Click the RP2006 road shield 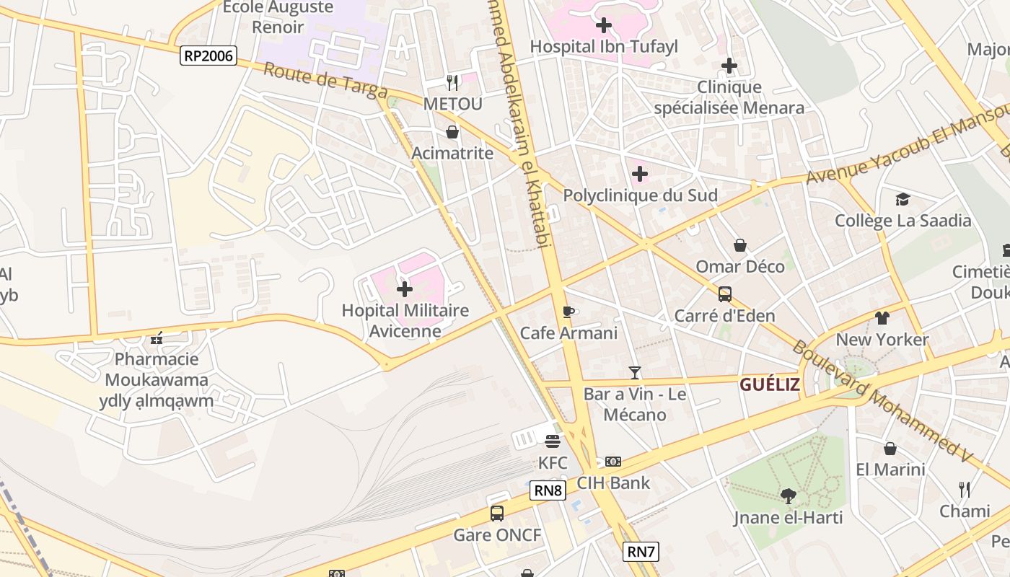pyautogui.click(x=208, y=55)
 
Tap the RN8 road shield pyautogui.click(x=548, y=490)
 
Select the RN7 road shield pyautogui.click(x=641, y=552)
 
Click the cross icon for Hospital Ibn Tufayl pyautogui.click(x=604, y=25)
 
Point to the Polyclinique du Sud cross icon pyautogui.click(x=640, y=174)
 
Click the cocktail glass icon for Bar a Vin pyautogui.click(x=635, y=372)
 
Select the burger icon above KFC pyautogui.click(x=553, y=441)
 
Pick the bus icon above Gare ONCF pyautogui.click(x=497, y=514)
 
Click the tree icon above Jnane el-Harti pyautogui.click(x=788, y=495)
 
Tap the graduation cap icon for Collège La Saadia pyautogui.click(x=903, y=199)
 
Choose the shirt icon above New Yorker pyautogui.click(x=882, y=318)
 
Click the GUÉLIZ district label pyautogui.click(x=770, y=384)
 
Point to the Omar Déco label pyautogui.click(x=740, y=267)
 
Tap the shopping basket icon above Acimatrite pyautogui.click(x=452, y=132)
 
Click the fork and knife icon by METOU pyautogui.click(x=452, y=83)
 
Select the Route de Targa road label pyautogui.click(x=325, y=81)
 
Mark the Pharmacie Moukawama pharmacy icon pyautogui.click(x=157, y=338)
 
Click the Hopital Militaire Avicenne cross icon pyautogui.click(x=405, y=290)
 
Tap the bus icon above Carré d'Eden pyautogui.click(x=724, y=294)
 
